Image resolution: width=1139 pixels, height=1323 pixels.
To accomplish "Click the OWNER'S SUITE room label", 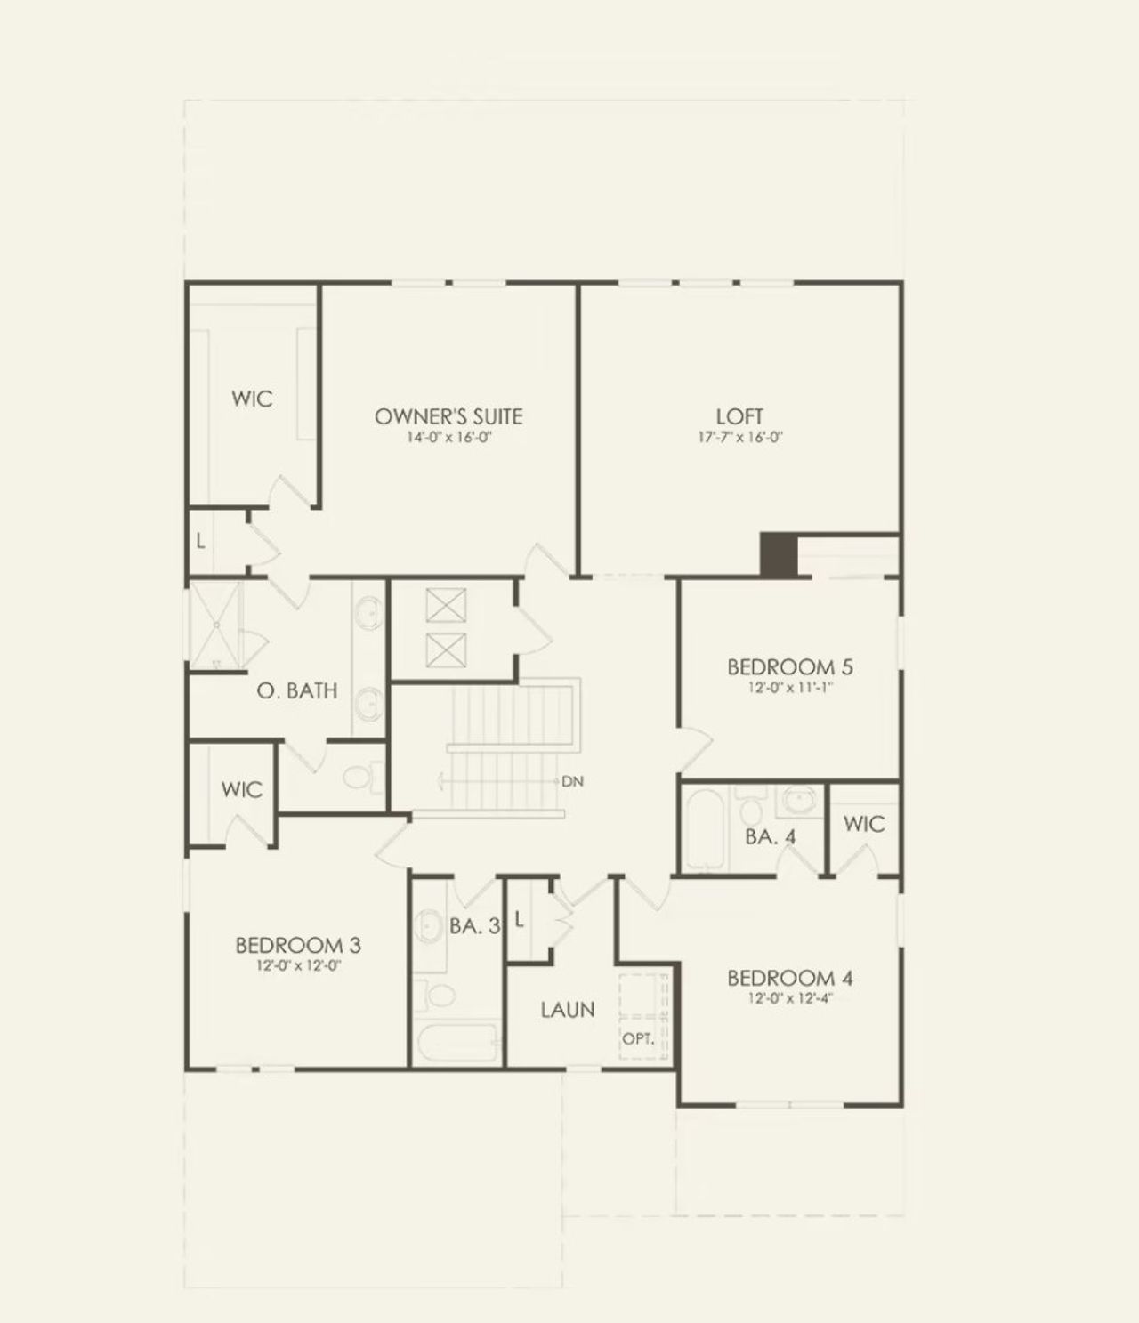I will (x=448, y=416).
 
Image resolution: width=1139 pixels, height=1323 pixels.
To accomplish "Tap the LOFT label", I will (x=739, y=416).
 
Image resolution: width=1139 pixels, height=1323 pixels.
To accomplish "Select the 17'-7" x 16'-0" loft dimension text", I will (x=739, y=438).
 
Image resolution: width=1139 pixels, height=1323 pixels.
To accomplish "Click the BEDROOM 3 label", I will (x=297, y=945).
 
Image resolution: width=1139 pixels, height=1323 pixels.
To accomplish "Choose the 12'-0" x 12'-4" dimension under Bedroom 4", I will (x=790, y=998).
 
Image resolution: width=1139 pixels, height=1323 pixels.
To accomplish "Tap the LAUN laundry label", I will (x=568, y=1010).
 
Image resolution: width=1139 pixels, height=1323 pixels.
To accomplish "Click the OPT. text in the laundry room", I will (x=637, y=1038).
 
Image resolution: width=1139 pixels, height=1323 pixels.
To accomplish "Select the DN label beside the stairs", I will (x=572, y=781).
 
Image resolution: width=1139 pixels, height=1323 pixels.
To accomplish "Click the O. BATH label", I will (x=297, y=690).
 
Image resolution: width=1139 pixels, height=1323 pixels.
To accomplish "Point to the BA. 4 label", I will (x=770, y=836).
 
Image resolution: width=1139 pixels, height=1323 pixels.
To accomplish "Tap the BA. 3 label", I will (x=474, y=926).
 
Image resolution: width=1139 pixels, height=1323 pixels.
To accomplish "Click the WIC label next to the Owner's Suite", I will (x=252, y=399).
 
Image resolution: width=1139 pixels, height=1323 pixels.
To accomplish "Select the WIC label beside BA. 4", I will (x=863, y=824).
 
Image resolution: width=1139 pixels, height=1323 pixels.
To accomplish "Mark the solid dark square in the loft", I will (x=778, y=554).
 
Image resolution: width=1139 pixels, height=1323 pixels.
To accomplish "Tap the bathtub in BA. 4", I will (x=704, y=829).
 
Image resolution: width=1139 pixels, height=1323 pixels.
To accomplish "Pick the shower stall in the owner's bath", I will (x=214, y=623).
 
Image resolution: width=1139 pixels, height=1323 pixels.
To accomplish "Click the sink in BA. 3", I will (x=431, y=927).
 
